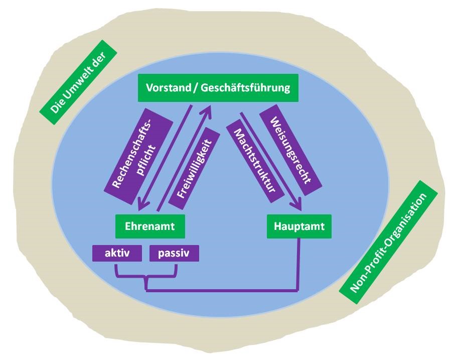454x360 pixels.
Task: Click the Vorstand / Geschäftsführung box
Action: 218,88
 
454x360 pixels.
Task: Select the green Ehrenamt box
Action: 150,226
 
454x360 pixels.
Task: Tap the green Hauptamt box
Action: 299,226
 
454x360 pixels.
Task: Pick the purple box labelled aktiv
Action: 117,253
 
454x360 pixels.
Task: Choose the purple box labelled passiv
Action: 174,253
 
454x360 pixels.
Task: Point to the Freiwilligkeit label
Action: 195,168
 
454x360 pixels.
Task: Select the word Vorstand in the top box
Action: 166,88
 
